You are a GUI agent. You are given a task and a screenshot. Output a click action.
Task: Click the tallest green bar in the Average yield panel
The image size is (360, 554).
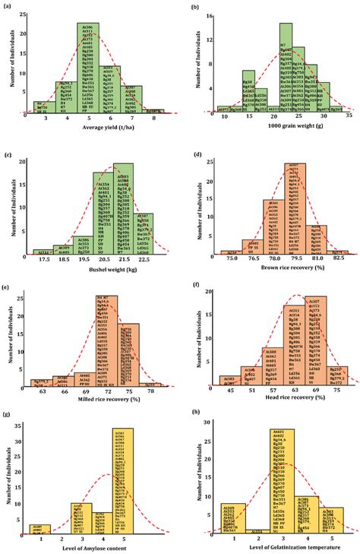click(x=87, y=68)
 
